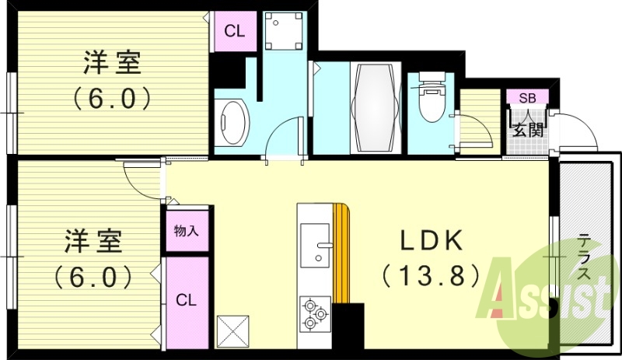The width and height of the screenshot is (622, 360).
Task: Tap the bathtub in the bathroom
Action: [375, 107]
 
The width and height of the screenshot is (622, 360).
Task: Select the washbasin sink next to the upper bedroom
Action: [234, 123]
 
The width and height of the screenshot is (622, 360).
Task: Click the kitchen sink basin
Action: [315, 245]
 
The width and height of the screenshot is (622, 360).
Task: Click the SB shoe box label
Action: [528, 98]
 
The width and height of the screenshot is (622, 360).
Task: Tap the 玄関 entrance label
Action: [528, 129]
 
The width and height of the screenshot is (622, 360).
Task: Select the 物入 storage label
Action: [187, 231]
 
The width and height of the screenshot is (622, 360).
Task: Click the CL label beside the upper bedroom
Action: [235, 31]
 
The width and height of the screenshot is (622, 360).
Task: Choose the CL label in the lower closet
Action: [186, 300]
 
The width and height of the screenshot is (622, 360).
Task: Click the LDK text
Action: [432, 240]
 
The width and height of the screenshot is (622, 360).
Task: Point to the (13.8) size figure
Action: [432, 275]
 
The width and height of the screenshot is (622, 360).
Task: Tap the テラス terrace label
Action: [583, 257]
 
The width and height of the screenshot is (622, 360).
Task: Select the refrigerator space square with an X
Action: [232, 332]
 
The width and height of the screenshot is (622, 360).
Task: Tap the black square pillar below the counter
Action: [348, 327]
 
